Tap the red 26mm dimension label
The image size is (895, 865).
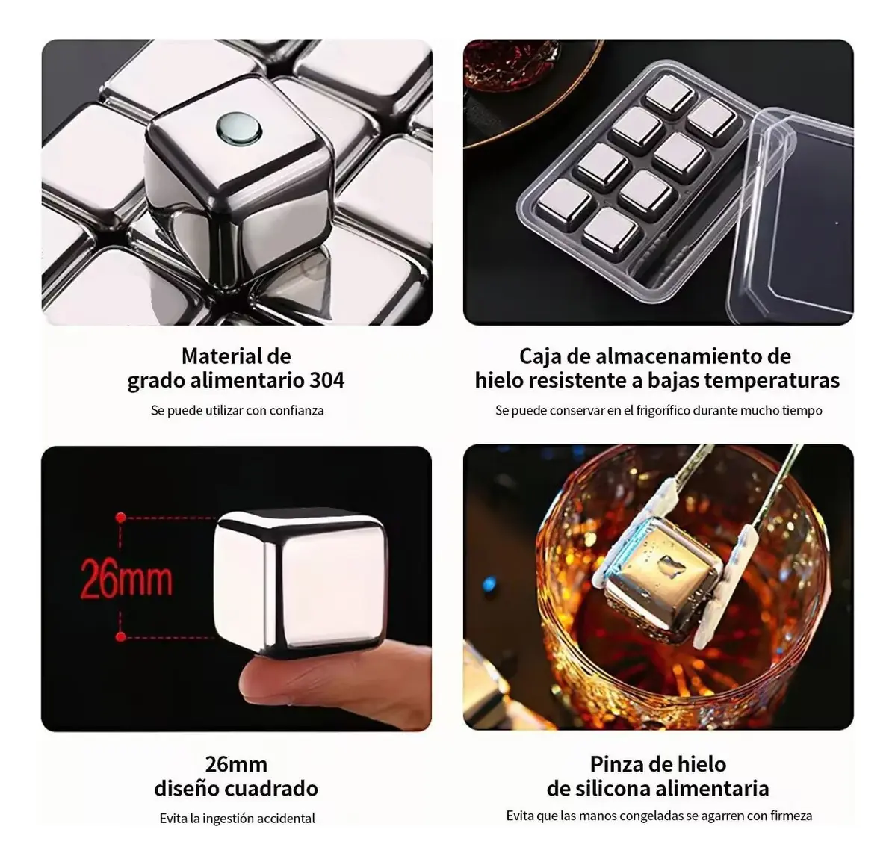(x=126, y=578)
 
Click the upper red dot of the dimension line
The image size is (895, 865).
(x=120, y=518)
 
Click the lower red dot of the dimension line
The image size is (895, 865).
(x=120, y=636)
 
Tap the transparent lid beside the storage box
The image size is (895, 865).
(x=790, y=216)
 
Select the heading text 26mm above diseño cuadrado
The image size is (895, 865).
(x=236, y=763)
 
